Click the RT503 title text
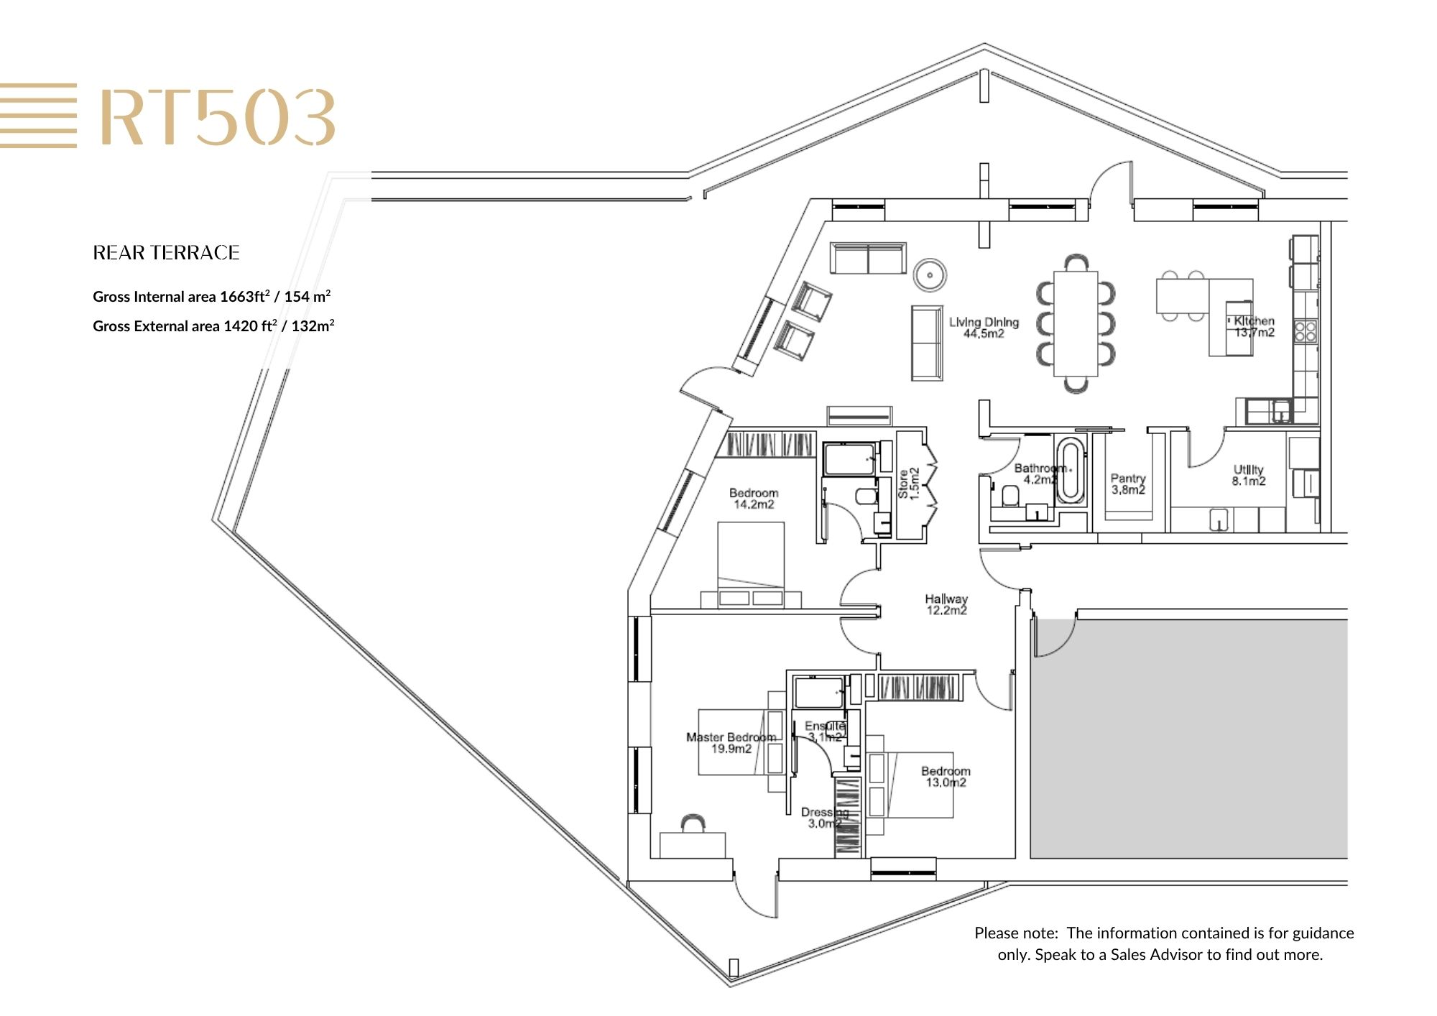click(x=218, y=118)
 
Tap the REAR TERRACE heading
click(x=166, y=253)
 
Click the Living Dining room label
click(x=984, y=328)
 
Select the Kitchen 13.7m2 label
click(x=1255, y=327)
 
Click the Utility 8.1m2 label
click(x=1249, y=476)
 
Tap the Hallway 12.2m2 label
click(x=946, y=604)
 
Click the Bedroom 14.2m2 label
click(x=754, y=499)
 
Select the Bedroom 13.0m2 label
click(x=946, y=777)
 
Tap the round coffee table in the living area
click(x=930, y=274)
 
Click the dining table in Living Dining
click(x=1076, y=323)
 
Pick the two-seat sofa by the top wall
click(x=868, y=258)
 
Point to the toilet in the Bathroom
click(x=1010, y=495)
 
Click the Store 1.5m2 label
click(x=909, y=484)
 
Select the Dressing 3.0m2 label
click(x=825, y=818)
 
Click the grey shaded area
click(x=1189, y=739)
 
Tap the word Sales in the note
click(x=1127, y=955)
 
